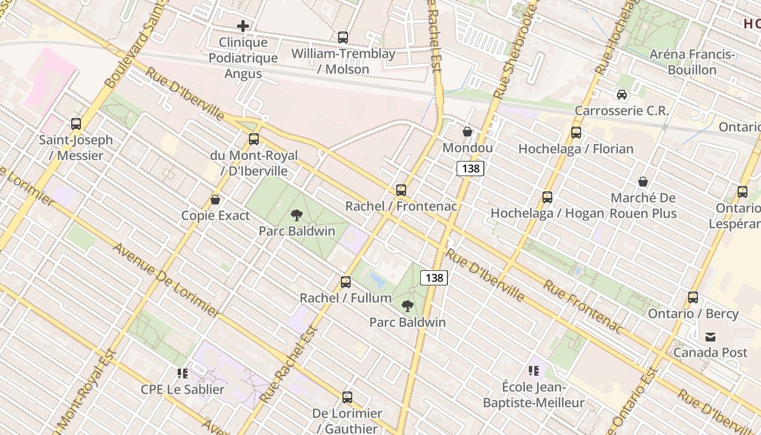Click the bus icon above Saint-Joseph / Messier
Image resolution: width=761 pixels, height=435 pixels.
click(x=76, y=124)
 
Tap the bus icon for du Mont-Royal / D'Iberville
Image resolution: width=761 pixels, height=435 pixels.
click(x=254, y=139)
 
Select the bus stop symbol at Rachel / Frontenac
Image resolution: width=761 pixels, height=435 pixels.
click(x=401, y=190)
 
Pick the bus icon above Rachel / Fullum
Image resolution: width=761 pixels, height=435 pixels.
click(x=346, y=282)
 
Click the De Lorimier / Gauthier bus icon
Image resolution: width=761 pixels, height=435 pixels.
click(x=347, y=397)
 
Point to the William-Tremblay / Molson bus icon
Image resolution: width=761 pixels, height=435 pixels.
click(x=343, y=38)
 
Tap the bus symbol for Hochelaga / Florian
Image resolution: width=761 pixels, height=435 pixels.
click(x=576, y=133)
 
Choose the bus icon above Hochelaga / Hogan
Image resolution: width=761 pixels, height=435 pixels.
click(x=547, y=197)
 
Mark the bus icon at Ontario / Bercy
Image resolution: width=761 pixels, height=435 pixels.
click(x=693, y=297)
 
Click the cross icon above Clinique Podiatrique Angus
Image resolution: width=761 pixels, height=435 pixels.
click(x=243, y=26)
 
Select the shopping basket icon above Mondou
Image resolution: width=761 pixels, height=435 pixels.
click(x=467, y=132)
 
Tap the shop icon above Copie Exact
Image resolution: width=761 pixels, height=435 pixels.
click(x=215, y=200)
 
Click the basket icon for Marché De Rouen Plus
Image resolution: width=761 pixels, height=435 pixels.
click(x=643, y=182)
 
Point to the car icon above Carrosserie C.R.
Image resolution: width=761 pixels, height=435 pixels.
click(x=622, y=95)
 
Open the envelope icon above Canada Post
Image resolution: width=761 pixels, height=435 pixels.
click(x=710, y=337)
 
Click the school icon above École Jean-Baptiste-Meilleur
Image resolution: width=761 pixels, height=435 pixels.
click(x=534, y=371)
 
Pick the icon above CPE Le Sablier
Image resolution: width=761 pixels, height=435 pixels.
click(x=183, y=374)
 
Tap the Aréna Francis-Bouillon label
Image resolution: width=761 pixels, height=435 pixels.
click(x=692, y=62)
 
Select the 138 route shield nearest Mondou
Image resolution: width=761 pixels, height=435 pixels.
click(x=470, y=169)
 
